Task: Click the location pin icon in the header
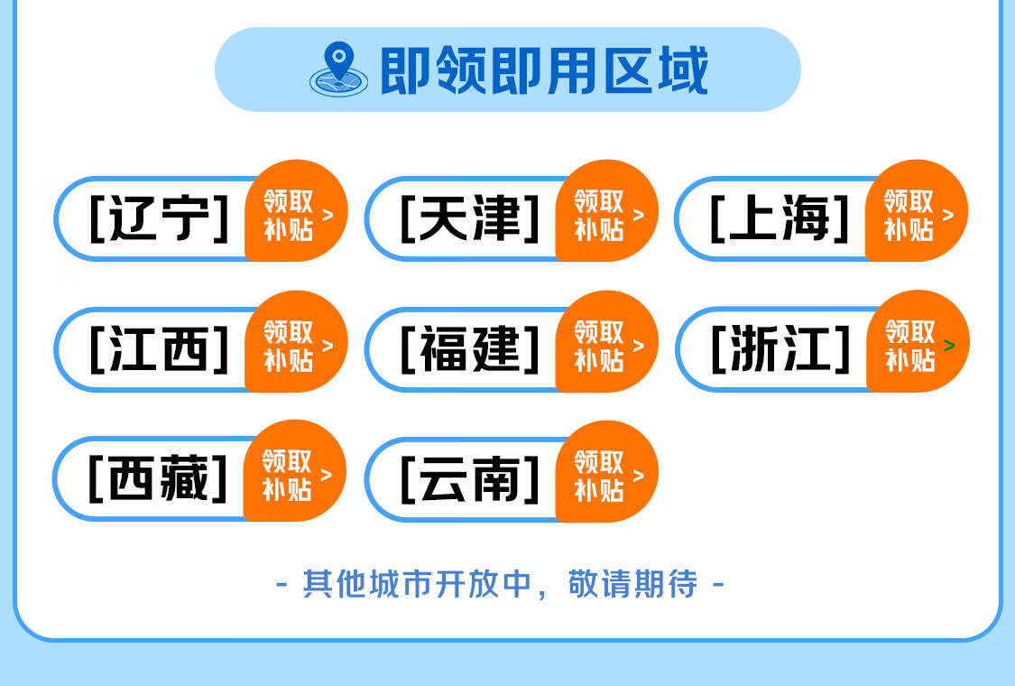pyautogui.click(x=338, y=70)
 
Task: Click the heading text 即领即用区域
pyautogui.click(x=544, y=70)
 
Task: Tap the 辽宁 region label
pyautogui.click(x=159, y=218)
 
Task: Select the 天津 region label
pyautogui.click(x=470, y=218)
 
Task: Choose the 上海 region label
pyautogui.click(x=780, y=218)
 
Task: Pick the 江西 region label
pyautogui.click(x=159, y=348)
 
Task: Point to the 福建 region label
pyautogui.click(x=470, y=348)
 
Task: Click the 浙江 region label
pyautogui.click(x=780, y=348)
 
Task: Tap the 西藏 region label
pyautogui.click(x=158, y=478)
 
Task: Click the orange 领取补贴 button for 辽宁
pyautogui.click(x=297, y=211)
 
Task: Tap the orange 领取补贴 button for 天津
pyautogui.click(x=607, y=211)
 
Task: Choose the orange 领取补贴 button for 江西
pyautogui.click(x=297, y=342)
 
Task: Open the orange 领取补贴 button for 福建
pyautogui.click(x=607, y=342)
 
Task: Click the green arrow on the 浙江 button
pyautogui.click(x=949, y=346)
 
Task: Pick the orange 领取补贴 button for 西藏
pyautogui.click(x=295, y=471)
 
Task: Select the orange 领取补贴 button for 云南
pyautogui.click(x=607, y=471)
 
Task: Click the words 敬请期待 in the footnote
pyautogui.click(x=632, y=584)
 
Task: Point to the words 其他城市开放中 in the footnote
pyautogui.click(x=416, y=584)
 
